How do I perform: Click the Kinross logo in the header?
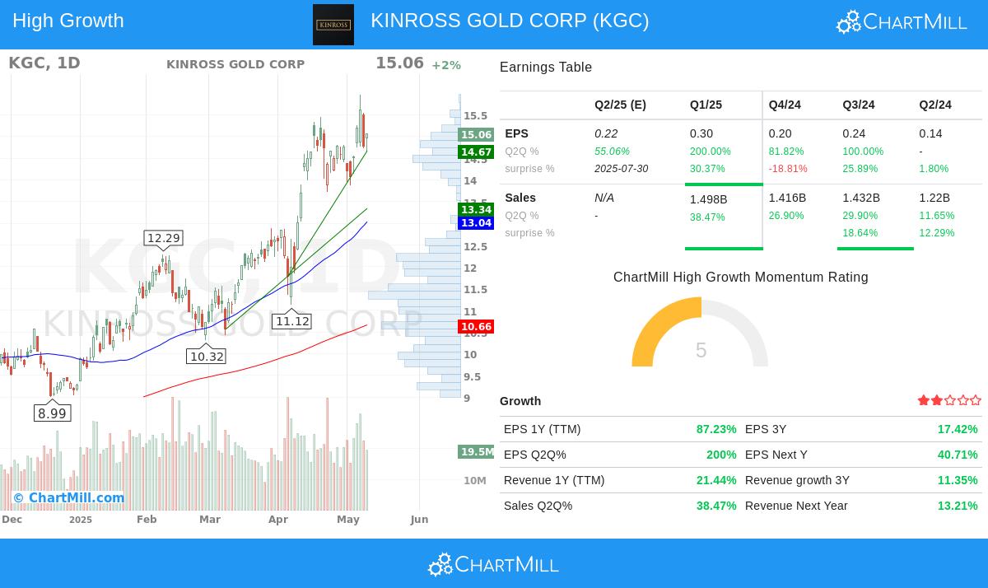coord(333,25)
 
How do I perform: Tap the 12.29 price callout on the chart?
coord(163,238)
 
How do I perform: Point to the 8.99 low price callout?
coord(52,413)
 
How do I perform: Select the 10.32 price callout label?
coord(207,357)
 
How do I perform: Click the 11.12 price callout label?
coord(292,321)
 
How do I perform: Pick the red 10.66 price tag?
coord(476,327)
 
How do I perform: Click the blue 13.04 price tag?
coord(476,223)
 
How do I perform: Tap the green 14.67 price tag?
coord(476,152)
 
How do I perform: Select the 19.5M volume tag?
coord(477,451)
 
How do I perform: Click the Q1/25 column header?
coord(706,105)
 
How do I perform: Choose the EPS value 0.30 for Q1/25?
coord(701,133)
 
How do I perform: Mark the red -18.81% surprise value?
coord(788,169)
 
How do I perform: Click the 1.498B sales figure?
coord(708,198)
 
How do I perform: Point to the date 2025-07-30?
coord(621,169)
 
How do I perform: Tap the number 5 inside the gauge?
coord(701,351)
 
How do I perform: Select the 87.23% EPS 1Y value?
coord(716,429)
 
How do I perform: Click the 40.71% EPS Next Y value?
coord(958,455)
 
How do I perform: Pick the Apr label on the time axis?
coord(278,519)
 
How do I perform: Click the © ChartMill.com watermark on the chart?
coord(68,497)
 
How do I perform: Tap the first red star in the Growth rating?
coord(924,400)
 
